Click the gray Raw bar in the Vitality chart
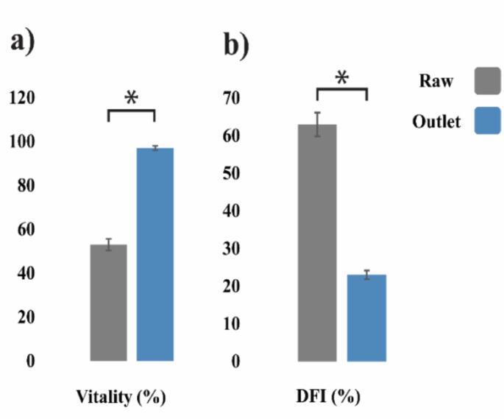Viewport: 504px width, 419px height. tap(109, 303)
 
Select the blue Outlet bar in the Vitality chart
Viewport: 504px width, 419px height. tap(155, 255)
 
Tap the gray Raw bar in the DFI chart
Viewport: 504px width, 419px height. tap(317, 243)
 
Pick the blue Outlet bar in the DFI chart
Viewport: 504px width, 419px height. tap(366, 318)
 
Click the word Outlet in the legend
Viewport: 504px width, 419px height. tap(436, 122)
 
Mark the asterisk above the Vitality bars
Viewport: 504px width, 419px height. tap(131, 99)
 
